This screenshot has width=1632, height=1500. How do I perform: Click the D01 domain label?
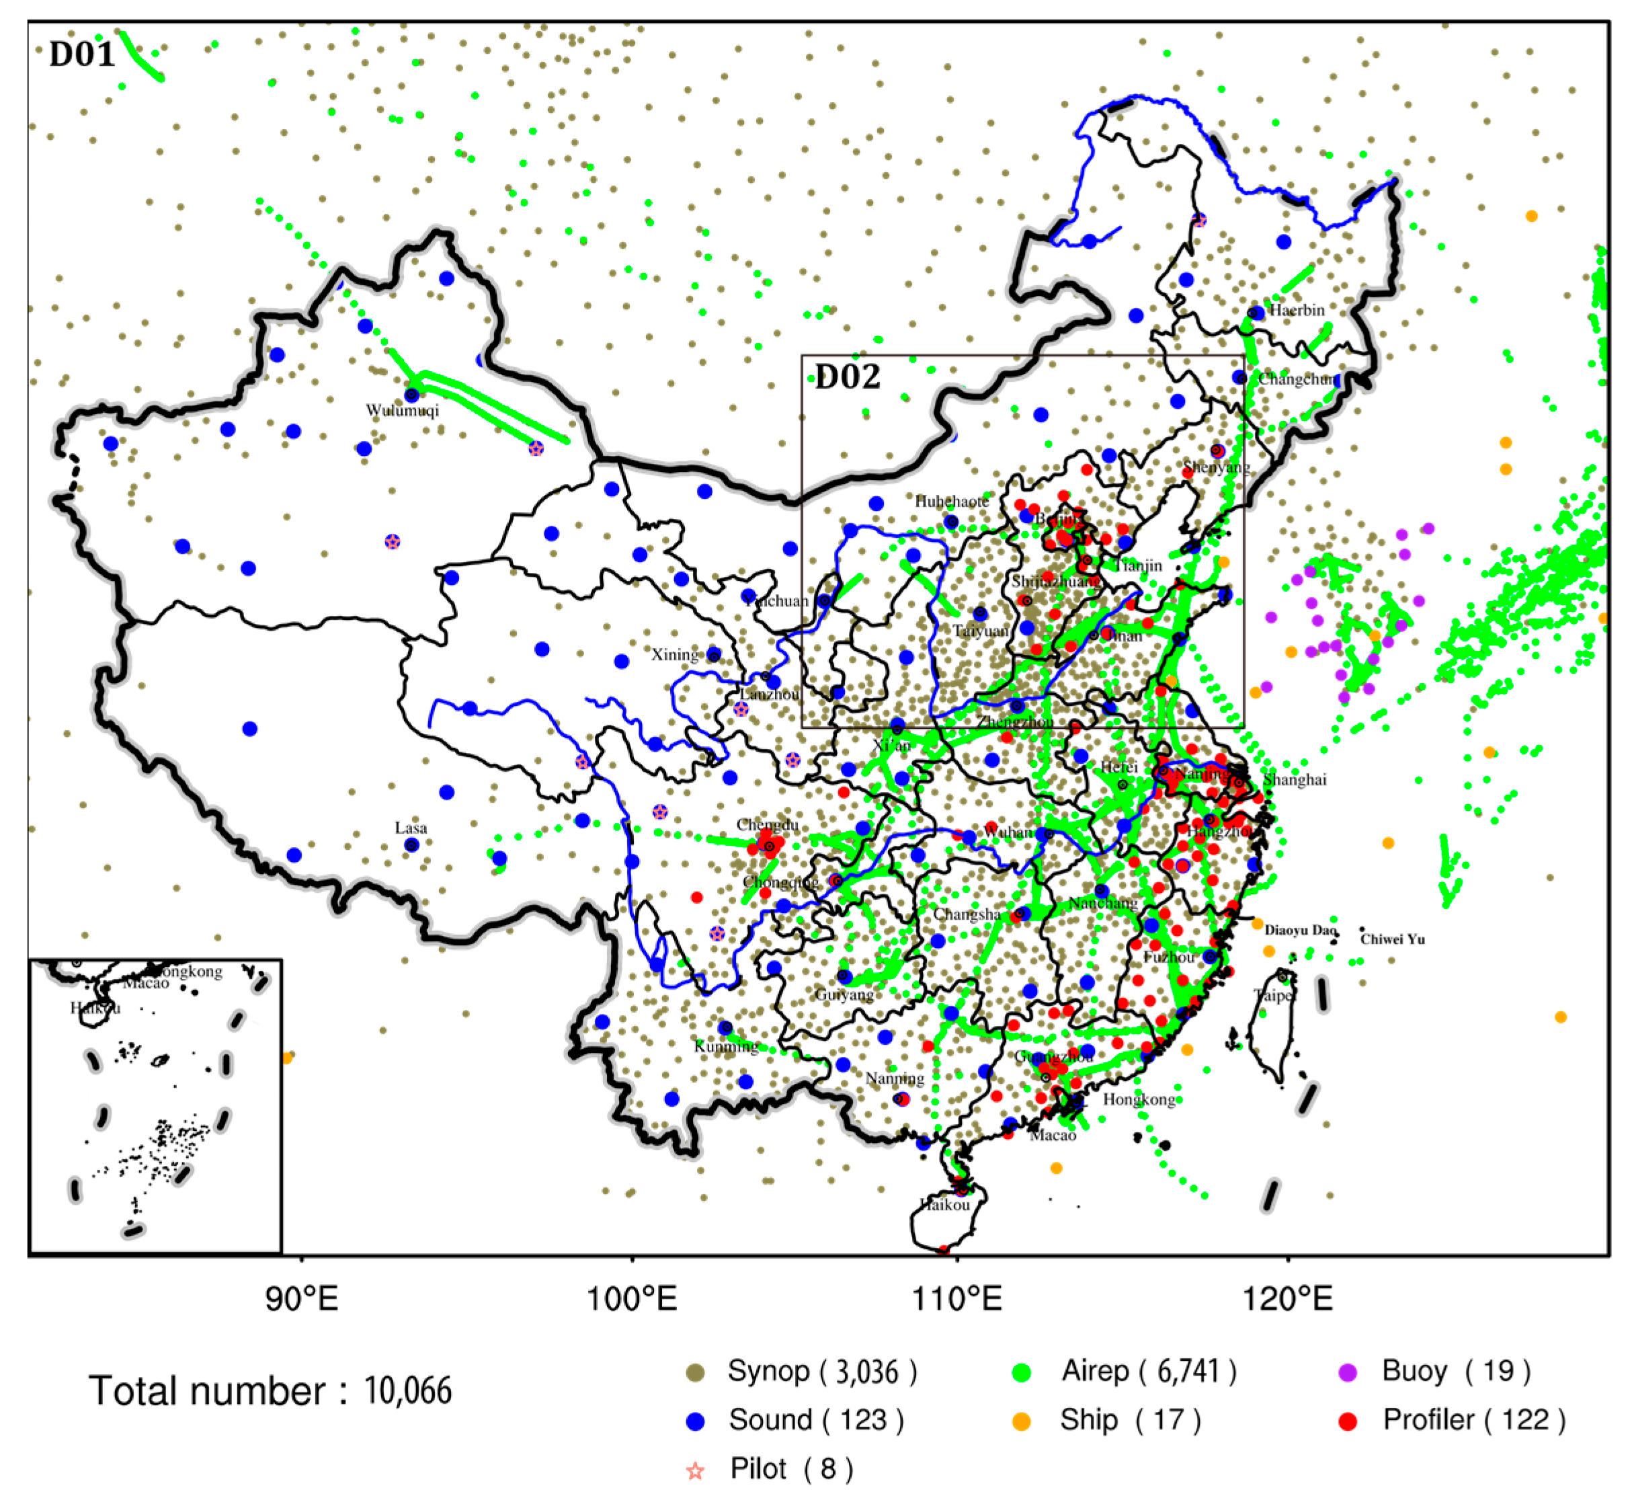82,54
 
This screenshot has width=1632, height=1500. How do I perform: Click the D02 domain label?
847,377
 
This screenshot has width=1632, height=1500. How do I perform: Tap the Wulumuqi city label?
403,410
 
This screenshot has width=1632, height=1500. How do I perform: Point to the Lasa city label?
411,828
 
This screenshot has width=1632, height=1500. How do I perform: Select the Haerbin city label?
1297,310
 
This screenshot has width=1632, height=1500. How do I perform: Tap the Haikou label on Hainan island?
944,1205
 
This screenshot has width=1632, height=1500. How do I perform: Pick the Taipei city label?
1272,995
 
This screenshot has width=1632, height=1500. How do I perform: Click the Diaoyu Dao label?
1299,931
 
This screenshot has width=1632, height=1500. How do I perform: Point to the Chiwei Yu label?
1393,939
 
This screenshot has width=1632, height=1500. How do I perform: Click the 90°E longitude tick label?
302,1300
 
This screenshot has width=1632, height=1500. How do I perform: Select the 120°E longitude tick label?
1288,1300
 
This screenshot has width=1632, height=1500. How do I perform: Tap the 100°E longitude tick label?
631,1300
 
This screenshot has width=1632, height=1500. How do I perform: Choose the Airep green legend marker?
1022,1372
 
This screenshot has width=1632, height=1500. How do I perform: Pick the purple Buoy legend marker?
1348,1372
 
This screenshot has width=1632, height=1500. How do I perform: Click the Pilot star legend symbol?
696,1471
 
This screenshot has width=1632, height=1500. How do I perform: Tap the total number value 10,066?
407,1391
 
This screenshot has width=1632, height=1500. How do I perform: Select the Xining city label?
674,654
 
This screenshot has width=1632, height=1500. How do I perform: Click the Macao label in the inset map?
146,984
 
